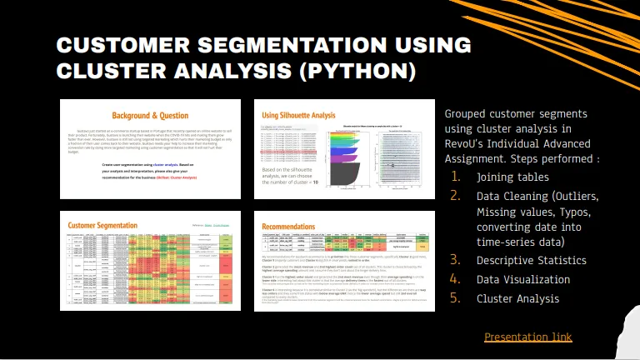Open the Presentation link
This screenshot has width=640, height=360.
pyautogui.click(x=527, y=337)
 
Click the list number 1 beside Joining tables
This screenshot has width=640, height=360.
pyautogui.click(x=455, y=177)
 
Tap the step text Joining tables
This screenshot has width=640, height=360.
pyautogui.click(x=512, y=177)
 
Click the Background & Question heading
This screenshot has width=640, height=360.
pyautogui.click(x=150, y=115)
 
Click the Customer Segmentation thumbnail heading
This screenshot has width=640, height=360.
pyautogui.click(x=103, y=225)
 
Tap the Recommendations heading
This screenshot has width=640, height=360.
pyautogui.click(x=288, y=225)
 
